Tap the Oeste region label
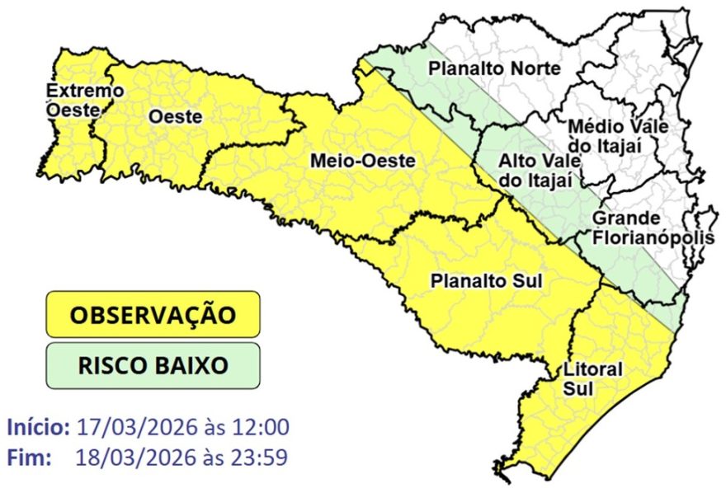(175, 117)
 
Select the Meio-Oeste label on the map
(362, 161)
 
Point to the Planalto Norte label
(494, 69)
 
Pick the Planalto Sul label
(486, 280)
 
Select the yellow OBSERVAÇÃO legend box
(153, 314)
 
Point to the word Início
(39, 428)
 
